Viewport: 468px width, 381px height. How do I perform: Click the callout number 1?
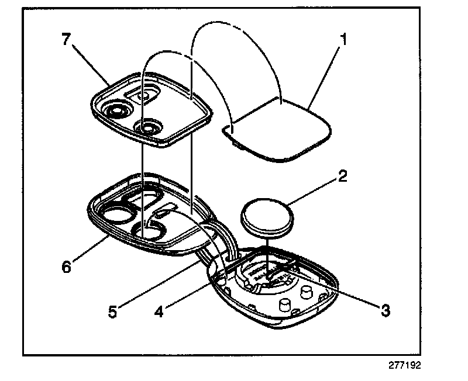(345, 40)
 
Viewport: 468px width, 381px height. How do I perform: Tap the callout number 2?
(342, 176)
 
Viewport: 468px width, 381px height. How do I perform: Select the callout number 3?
(384, 310)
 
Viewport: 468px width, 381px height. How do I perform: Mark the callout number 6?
(66, 266)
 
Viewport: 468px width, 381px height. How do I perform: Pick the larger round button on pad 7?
(117, 109)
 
